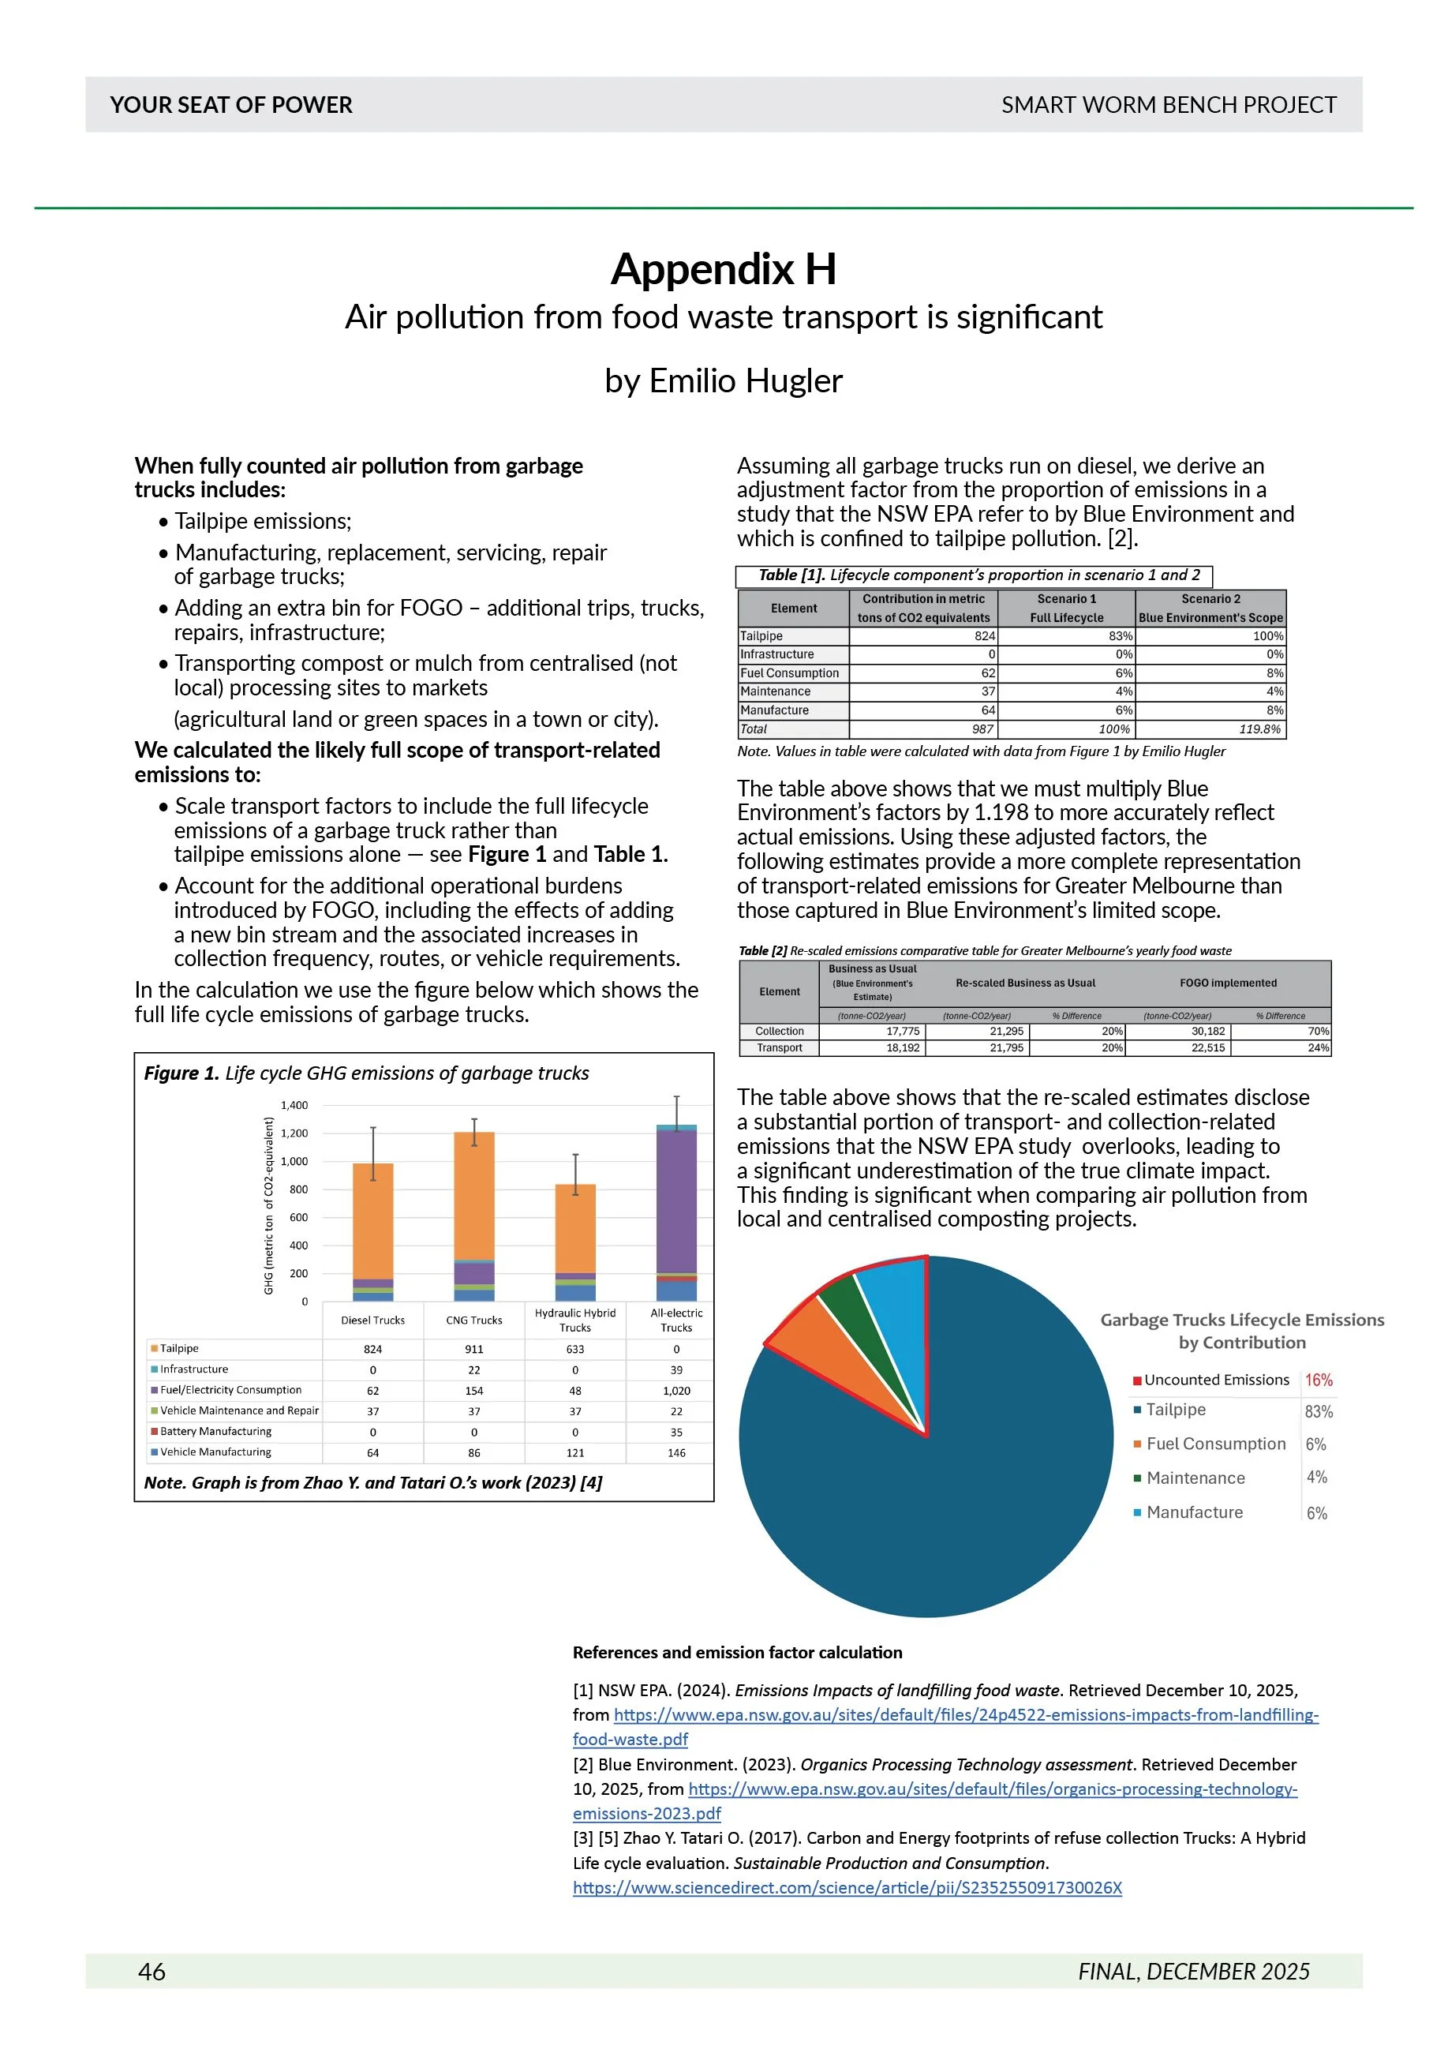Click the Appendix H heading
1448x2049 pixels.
point(724,268)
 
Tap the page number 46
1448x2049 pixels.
point(152,1972)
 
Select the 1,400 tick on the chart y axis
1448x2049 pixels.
point(294,1105)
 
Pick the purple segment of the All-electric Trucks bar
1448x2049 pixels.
point(676,1201)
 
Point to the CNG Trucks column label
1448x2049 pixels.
point(473,1320)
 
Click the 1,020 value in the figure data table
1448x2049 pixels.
point(676,1391)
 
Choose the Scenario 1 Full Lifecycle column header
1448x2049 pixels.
point(1066,608)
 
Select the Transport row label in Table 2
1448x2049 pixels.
point(779,1047)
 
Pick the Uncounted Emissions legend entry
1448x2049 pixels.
point(1216,1380)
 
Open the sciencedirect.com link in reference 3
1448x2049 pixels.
point(847,1887)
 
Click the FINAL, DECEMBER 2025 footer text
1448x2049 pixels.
point(1193,1972)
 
